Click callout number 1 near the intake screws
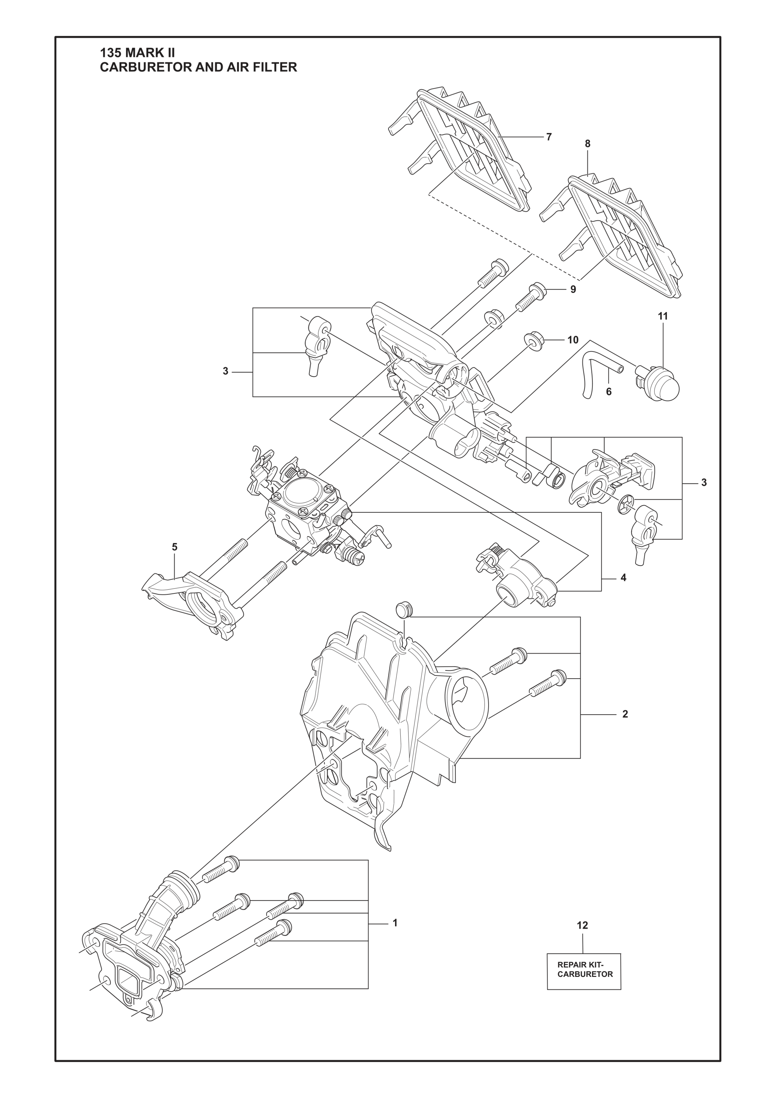click(x=395, y=923)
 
